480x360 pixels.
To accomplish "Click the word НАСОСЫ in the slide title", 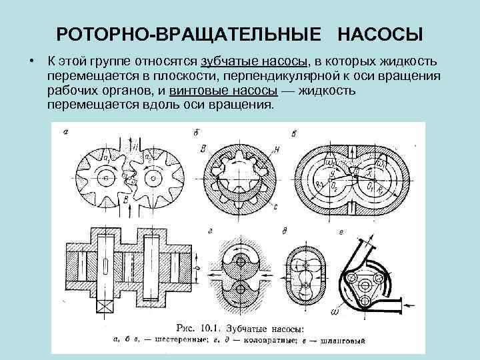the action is [x=380, y=33].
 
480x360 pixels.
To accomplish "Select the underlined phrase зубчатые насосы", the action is [x=253, y=61].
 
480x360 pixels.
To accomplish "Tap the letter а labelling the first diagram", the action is [x=65, y=132].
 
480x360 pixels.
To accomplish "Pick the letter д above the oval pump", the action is [x=285, y=231].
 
